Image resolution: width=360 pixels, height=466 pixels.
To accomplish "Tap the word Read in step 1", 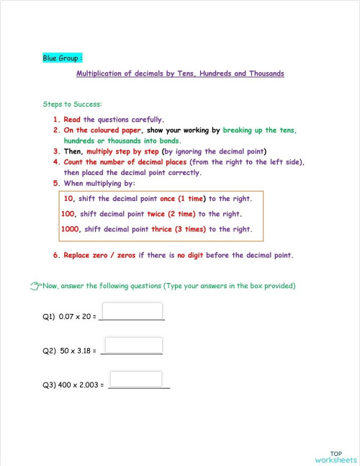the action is [72, 120].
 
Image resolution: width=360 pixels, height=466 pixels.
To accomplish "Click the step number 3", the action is [55, 152].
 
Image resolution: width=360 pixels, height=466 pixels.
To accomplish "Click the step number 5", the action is [55, 184].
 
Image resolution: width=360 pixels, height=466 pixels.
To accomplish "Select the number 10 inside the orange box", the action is [69, 198].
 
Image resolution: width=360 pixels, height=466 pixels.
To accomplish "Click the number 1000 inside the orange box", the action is [71, 230].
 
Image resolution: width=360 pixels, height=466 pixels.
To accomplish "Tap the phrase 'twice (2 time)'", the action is [166, 214].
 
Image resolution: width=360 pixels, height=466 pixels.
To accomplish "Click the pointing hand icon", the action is [36, 286].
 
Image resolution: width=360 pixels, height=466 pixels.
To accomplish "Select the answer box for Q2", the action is [134, 345].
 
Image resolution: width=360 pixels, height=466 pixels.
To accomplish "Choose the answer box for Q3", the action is [135, 379].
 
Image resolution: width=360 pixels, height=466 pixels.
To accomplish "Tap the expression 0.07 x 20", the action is [73, 317].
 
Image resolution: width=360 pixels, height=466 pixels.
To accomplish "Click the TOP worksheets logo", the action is [336, 456].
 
